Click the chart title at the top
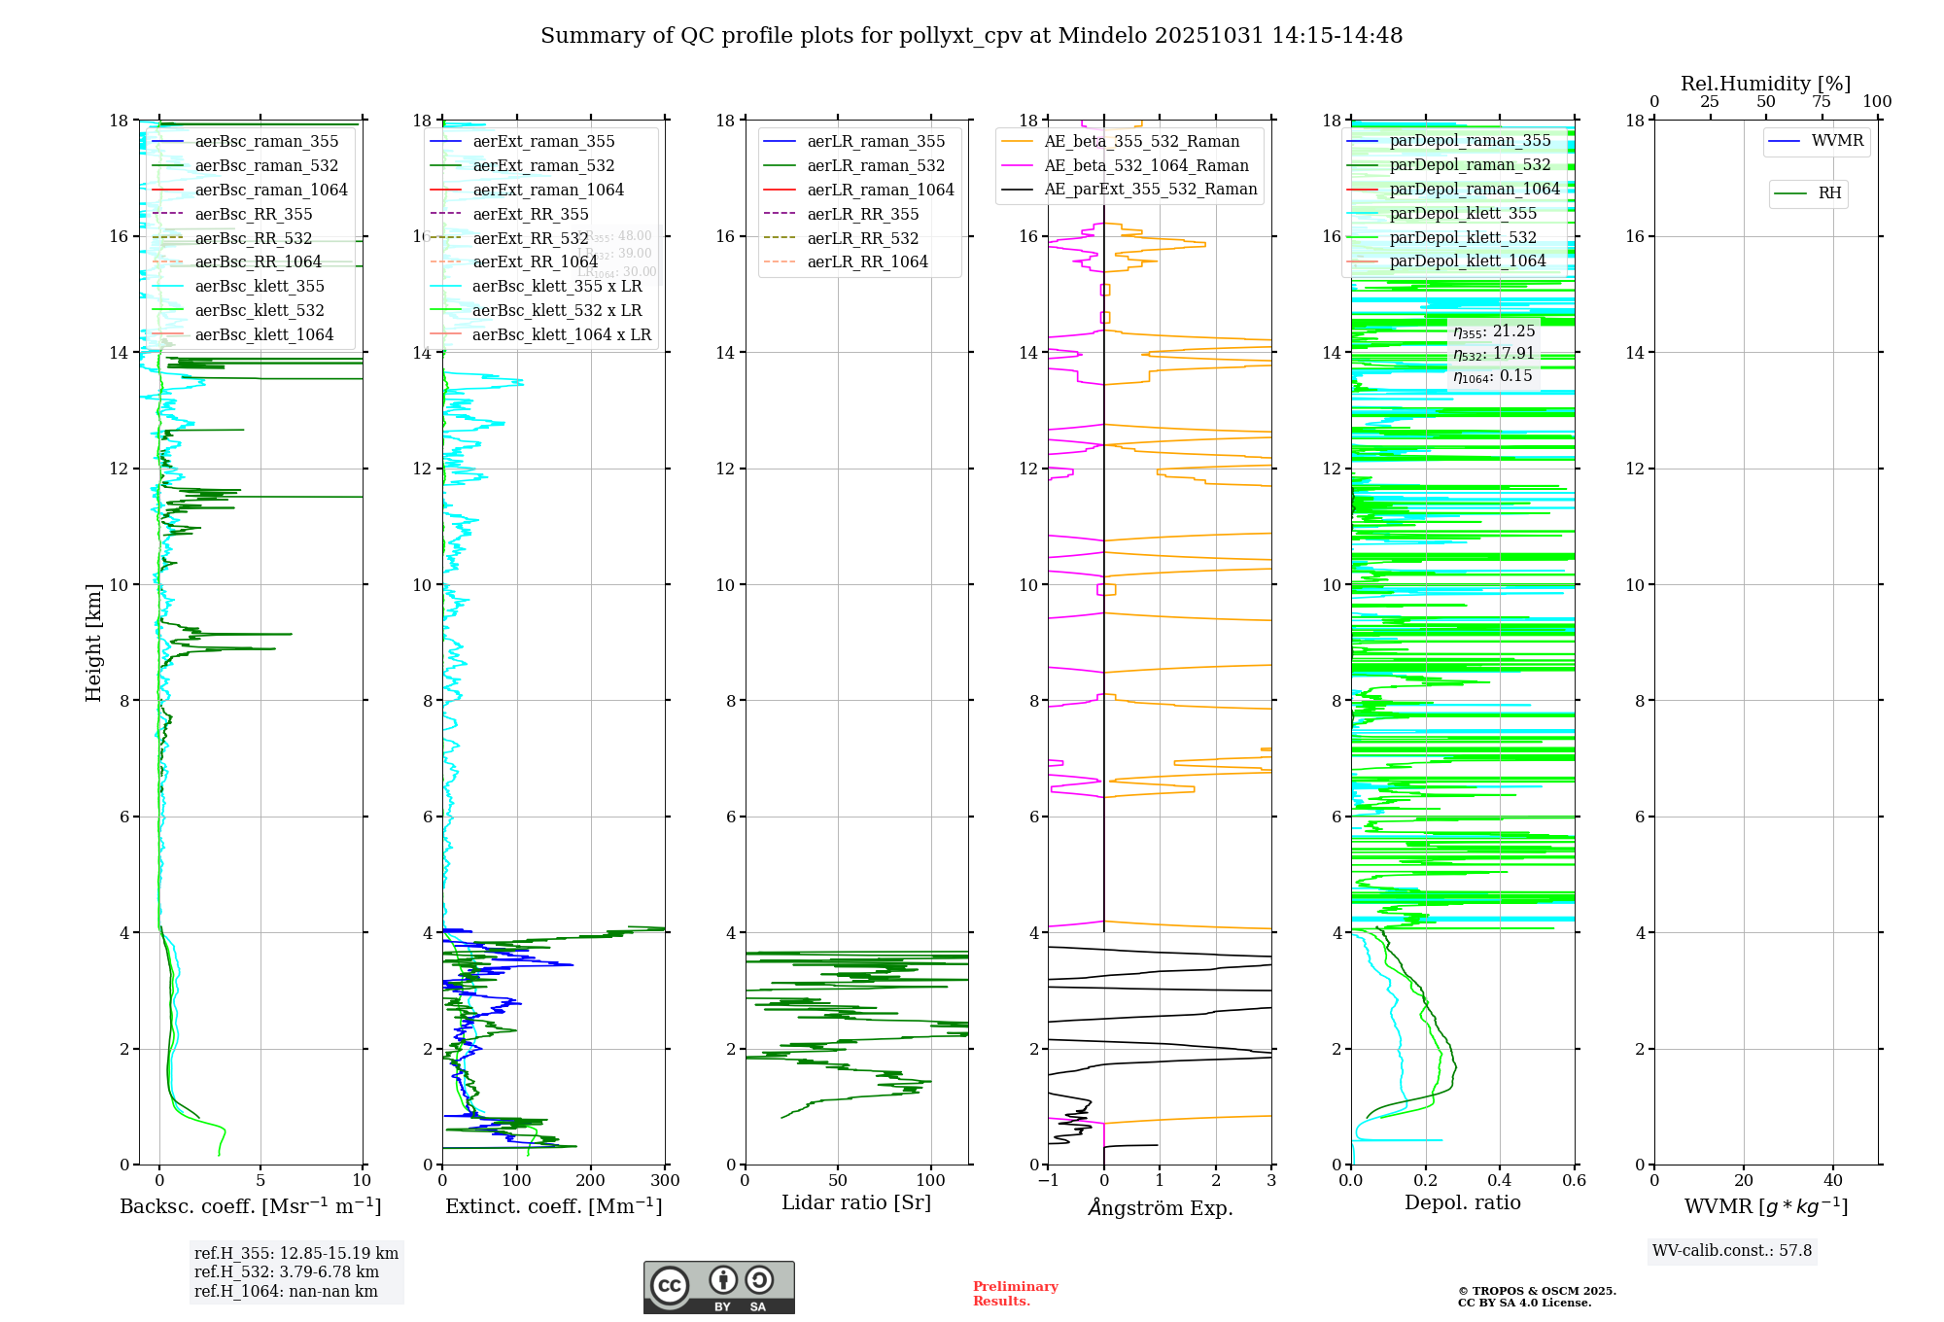[971, 36]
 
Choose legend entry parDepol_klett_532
[1463, 237]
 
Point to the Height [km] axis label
[93, 642]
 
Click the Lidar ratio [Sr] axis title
[856, 1202]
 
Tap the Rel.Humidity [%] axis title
[1765, 84]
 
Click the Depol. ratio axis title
[1462, 1202]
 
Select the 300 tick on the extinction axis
[666, 1181]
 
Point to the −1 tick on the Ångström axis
[1048, 1181]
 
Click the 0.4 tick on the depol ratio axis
[1500, 1181]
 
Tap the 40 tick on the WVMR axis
[1833, 1181]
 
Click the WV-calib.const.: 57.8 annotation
[1732, 1250]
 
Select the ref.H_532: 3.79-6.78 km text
[287, 1271]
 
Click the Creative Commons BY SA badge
[718, 1287]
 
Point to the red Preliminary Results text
[1015, 1294]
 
